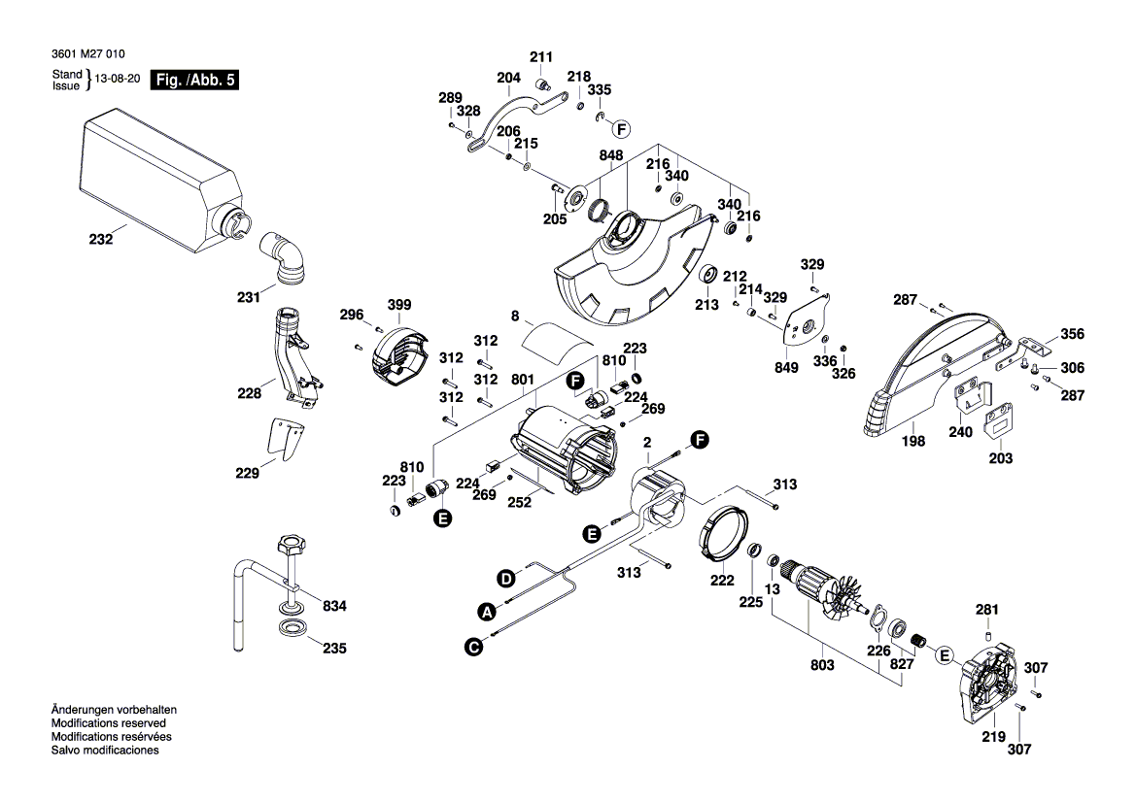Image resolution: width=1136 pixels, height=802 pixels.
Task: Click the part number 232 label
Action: (x=102, y=237)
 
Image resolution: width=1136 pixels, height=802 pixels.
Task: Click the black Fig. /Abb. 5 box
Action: (x=193, y=81)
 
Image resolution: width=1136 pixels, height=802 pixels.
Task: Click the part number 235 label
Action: (x=333, y=648)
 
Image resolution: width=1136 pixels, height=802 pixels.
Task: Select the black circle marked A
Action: (x=486, y=612)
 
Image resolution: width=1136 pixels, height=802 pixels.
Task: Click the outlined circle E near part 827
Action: (x=942, y=657)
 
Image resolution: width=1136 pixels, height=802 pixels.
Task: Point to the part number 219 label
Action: (x=992, y=738)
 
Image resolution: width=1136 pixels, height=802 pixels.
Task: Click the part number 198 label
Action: (x=913, y=440)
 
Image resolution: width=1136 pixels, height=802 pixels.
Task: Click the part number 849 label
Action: (x=786, y=368)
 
